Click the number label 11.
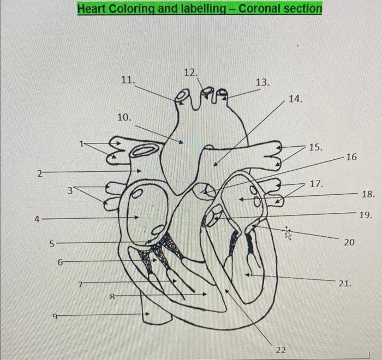click(x=127, y=80)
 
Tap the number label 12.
click(x=191, y=72)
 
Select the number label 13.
click(x=262, y=82)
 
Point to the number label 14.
click(x=295, y=99)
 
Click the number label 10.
click(x=124, y=117)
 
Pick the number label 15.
click(x=315, y=147)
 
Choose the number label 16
click(x=351, y=157)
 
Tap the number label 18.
click(x=368, y=194)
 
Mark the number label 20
click(x=349, y=241)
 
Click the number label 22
click(x=280, y=350)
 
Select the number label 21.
click(x=345, y=284)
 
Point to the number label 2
click(x=39, y=174)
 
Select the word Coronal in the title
click(x=260, y=9)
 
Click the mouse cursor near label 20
click(x=288, y=233)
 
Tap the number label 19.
click(x=366, y=215)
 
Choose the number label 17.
click(x=317, y=184)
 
